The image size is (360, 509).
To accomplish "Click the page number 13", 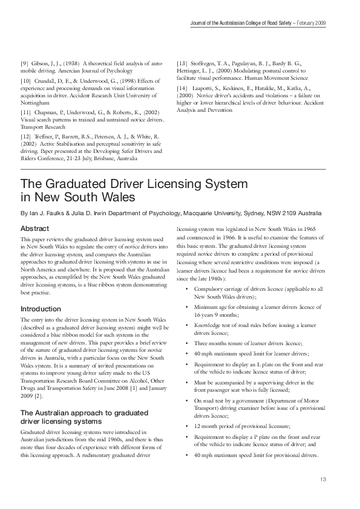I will (x=322, y=480).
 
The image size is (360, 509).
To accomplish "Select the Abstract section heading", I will (x=35, y=230).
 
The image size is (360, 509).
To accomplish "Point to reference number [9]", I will (x=24, y=63).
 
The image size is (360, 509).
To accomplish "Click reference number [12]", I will (x=26, y=137).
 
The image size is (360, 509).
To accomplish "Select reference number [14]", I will (x=182, y=88).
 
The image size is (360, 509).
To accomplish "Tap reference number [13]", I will (x=182, y=63).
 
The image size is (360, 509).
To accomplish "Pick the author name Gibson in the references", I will (x=41, y=63).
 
